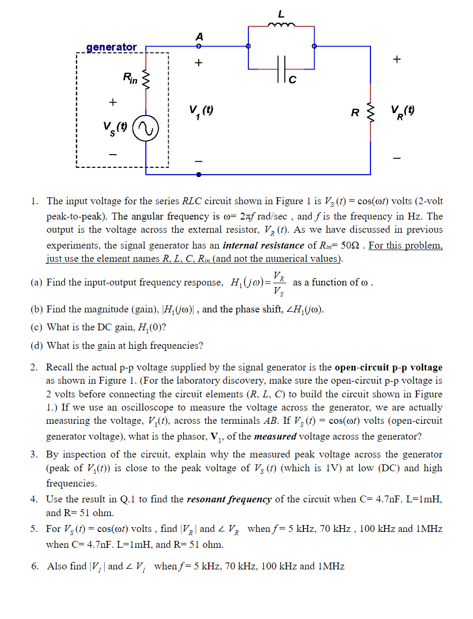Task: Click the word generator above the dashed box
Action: (111, 47)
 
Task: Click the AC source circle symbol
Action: (144, 128)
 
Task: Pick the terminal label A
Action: (199, 36)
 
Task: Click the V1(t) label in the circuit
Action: (201, 112)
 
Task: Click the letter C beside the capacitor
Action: (292, 80)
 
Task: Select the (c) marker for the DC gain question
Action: (37, 327)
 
